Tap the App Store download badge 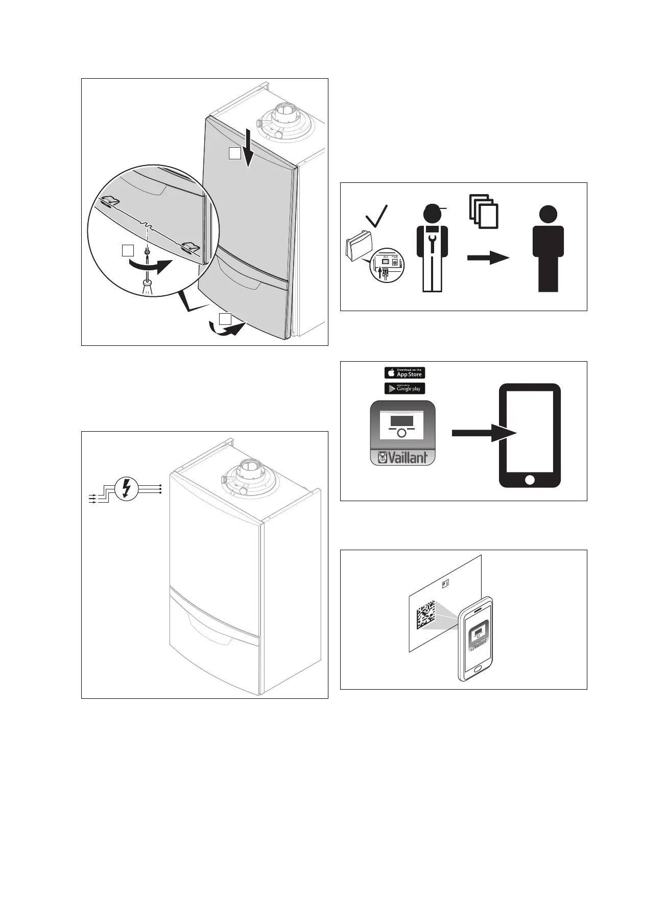pyautogui.click(x=405, y=373)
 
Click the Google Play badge pyautogui.click(x=405, y=388)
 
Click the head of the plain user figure pyautogui.click(x=548, y=215)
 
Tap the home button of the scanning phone pyautogui.click(x=478, y=669)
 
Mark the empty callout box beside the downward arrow pyautogui.click(x=234, y=153)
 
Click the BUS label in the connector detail pyautogui.click(x=386, y=257)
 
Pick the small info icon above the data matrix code pyautogui.click(x=445, y=582)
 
